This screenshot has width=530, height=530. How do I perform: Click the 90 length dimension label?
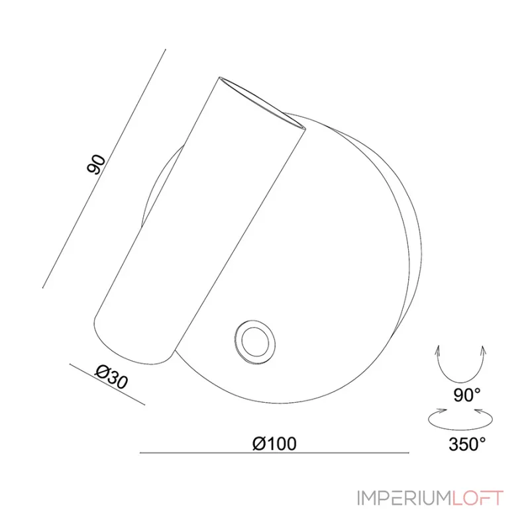[97, 164]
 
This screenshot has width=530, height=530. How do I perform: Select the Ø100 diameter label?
[274, 443]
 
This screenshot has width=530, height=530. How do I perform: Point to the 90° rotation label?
[467, 396]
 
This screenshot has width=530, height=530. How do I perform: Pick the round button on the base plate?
[251, 342]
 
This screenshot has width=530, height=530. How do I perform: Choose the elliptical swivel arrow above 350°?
[461, 419]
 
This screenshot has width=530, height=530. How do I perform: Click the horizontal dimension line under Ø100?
[274, 453]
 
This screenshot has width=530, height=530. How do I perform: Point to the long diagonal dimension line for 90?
[103, 169]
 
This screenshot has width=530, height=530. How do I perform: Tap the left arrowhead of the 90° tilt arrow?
[437, 349]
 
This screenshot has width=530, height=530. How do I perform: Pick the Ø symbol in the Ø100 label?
[260, 443]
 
